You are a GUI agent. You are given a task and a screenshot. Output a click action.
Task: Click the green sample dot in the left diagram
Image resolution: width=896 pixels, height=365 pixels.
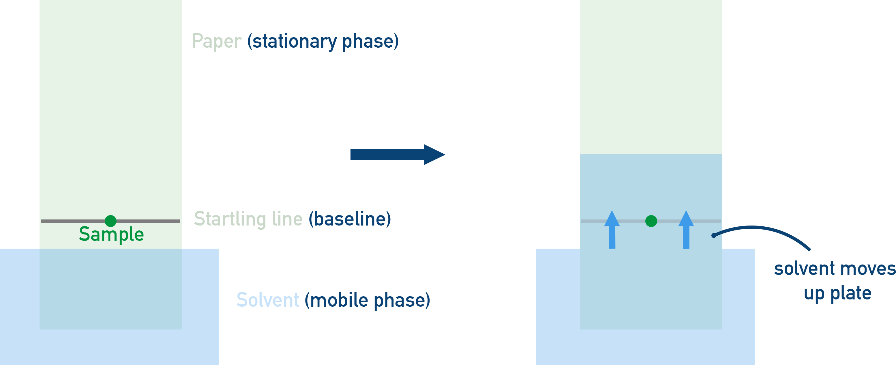pyautogui.click(x=110, y=221)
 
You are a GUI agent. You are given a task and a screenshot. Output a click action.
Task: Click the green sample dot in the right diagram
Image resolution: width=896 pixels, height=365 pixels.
pyautogui.click(x=651, y=221)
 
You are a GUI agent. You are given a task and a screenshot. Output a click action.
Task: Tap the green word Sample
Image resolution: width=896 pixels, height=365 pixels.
pyautogui.click(x=111, y=234)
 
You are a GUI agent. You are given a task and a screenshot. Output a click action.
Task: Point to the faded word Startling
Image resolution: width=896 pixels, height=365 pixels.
pyautogui.click(x=230, y=219)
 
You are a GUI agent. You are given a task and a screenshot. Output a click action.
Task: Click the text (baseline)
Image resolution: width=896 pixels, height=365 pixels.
pyautogui.click(x=350, y=219)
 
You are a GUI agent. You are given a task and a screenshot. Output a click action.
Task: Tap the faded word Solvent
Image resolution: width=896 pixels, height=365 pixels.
pyautogui.click(x=267, y=300)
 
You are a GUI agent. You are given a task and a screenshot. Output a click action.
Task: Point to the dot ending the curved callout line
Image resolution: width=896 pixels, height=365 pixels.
pyautogui.click(x=714, y=235)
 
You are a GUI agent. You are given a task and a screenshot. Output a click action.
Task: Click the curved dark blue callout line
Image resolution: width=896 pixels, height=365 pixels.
pyautogui.click(x=765, y=228)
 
